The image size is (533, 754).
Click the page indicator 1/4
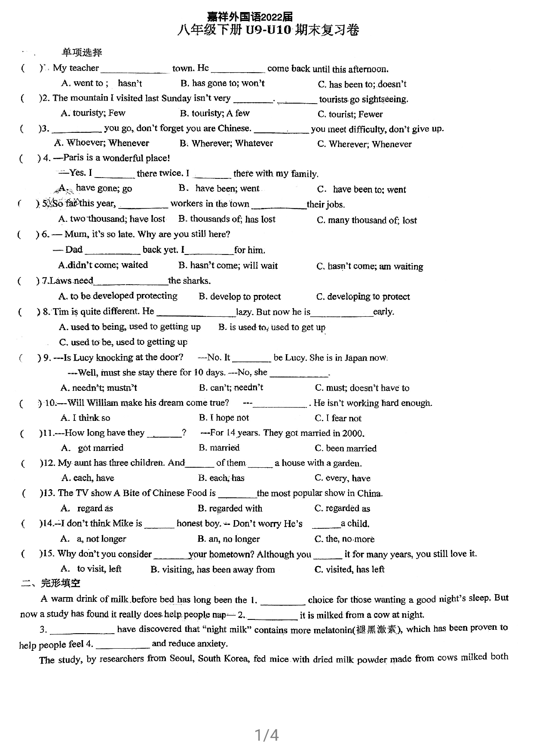coord(266,735)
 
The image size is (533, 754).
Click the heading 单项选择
coord(82,52)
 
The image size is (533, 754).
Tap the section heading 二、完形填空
coord(51,583)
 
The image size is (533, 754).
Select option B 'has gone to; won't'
coord(223,83)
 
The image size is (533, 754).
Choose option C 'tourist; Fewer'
coord(350,114)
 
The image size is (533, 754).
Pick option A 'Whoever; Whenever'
coord(102,143)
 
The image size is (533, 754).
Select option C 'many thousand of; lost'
coord(367,221)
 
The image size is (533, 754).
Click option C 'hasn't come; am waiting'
coord(370,267)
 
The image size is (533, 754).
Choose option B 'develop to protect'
coord(239,297)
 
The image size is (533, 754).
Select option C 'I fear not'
coord(338,418)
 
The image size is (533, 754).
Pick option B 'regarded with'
coord(230,509)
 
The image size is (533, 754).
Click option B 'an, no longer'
coord(229,539)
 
